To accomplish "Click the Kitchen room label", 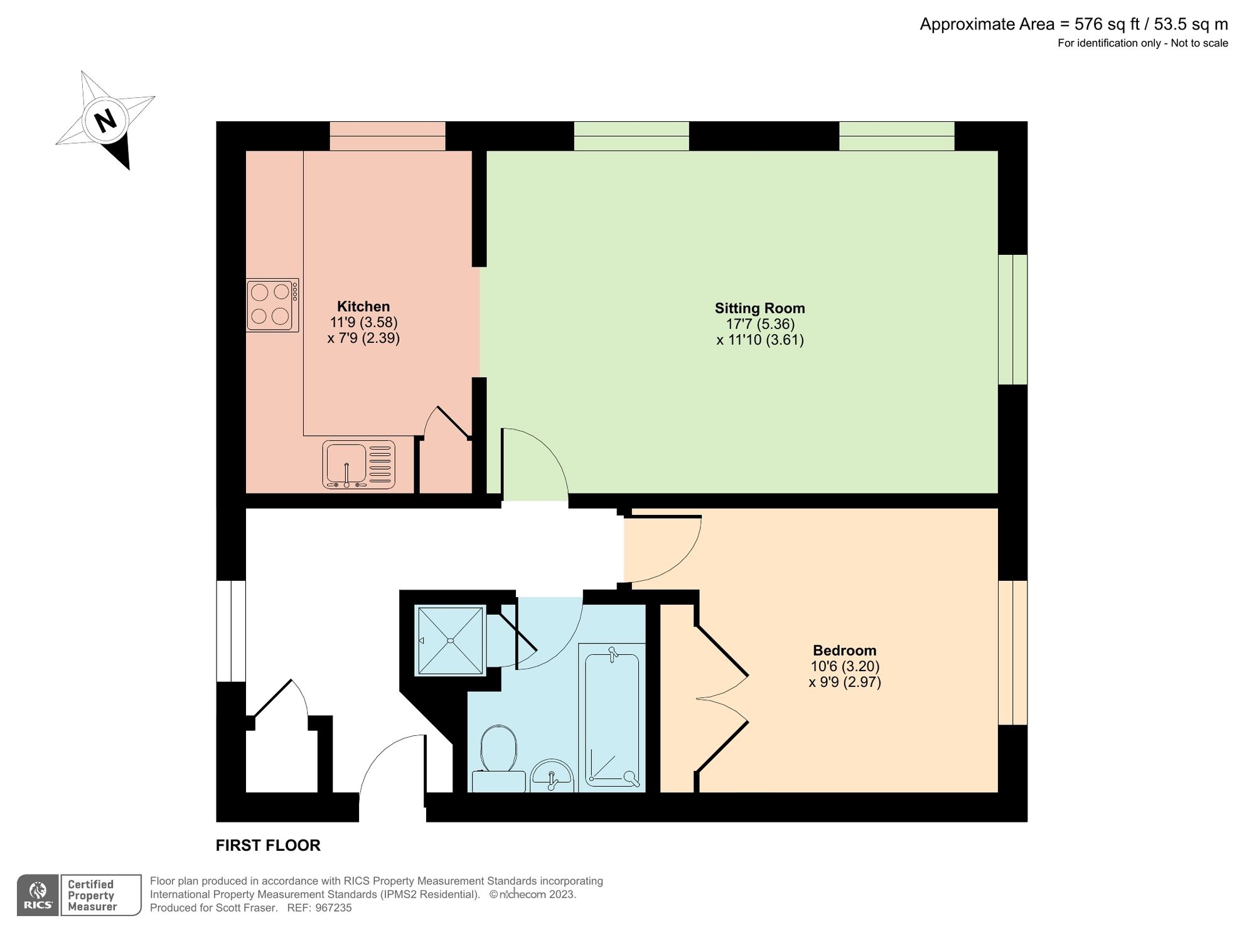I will point(363,306).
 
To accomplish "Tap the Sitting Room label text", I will point(759,308).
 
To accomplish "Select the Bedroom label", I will point(844,650).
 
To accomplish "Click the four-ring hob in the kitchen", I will point(272,305).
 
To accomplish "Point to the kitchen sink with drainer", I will point(358,465).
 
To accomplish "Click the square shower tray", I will point(450,640).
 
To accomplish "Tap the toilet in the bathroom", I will point(498,757).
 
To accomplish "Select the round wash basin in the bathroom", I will point(552,776).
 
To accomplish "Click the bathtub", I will point(612,720).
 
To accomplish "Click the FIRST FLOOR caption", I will point(268,845).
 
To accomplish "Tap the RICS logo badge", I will point(38,895).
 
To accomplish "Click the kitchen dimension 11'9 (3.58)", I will point(363,322).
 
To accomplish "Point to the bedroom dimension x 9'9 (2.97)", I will point(845,682).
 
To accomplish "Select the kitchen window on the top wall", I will point(387,136).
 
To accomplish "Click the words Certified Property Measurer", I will point(92,895).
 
